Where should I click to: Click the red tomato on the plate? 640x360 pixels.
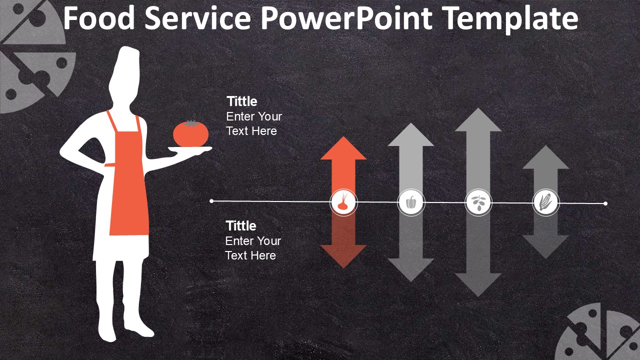point(190,133)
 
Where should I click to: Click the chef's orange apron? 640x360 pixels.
point(128,190)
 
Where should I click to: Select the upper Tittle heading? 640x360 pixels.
point(242,101)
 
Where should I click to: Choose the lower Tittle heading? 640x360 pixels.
point(241,226)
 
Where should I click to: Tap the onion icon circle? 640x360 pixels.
point(343,202)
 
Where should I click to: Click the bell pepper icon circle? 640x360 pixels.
point(411,202)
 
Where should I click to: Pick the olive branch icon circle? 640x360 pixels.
point(478,202)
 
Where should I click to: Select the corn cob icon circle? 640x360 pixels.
point(545,202)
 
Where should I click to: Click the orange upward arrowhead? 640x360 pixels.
point(343,149)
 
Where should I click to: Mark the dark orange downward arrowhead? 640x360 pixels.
point(343,255)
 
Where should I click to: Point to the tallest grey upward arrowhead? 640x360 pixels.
point(478,121)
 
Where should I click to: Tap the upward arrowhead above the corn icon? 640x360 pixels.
point(545,158)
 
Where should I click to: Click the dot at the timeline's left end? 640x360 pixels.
point(212,201)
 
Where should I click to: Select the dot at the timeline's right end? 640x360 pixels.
point(605,203)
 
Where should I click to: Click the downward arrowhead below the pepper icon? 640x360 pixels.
point(411,269)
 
